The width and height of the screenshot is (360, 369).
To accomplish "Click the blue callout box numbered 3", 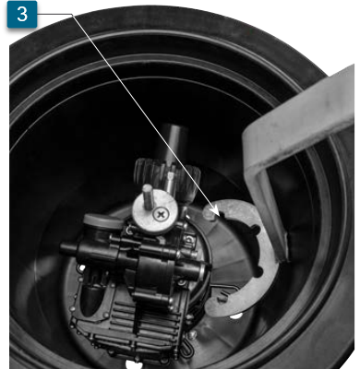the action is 22,15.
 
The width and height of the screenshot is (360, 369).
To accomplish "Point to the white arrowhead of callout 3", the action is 214,210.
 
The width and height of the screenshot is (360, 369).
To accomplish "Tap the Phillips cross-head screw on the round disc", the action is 161,214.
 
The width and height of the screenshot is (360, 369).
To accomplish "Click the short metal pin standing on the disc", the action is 149,197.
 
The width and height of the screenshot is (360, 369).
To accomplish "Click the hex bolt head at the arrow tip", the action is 210,213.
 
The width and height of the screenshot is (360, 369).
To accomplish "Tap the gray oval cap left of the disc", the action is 102,222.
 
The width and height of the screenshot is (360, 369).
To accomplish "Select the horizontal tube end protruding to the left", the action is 68,248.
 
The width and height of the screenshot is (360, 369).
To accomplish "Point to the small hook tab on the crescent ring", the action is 223,297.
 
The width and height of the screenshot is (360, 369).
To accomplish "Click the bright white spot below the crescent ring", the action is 236,315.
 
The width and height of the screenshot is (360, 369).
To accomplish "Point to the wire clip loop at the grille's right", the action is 186,346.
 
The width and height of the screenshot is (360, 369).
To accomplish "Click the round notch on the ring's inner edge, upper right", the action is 256,229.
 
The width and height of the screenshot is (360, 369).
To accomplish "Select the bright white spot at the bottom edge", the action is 135,364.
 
